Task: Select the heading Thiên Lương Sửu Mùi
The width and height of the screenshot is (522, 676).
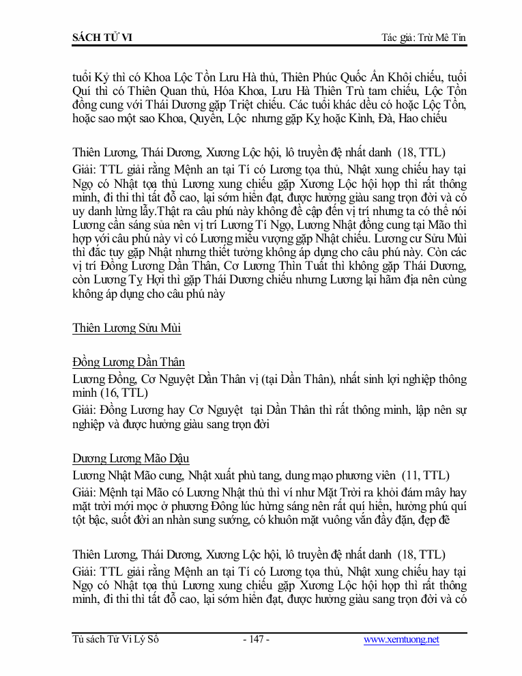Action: click(126, 328)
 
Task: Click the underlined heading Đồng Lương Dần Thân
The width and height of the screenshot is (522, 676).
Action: click(128, 362)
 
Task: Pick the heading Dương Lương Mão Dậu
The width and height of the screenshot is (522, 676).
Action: click(131, 458)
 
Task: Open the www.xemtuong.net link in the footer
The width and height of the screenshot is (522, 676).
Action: click(401, 640)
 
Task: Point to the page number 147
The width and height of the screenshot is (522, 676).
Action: click(257, 640)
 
